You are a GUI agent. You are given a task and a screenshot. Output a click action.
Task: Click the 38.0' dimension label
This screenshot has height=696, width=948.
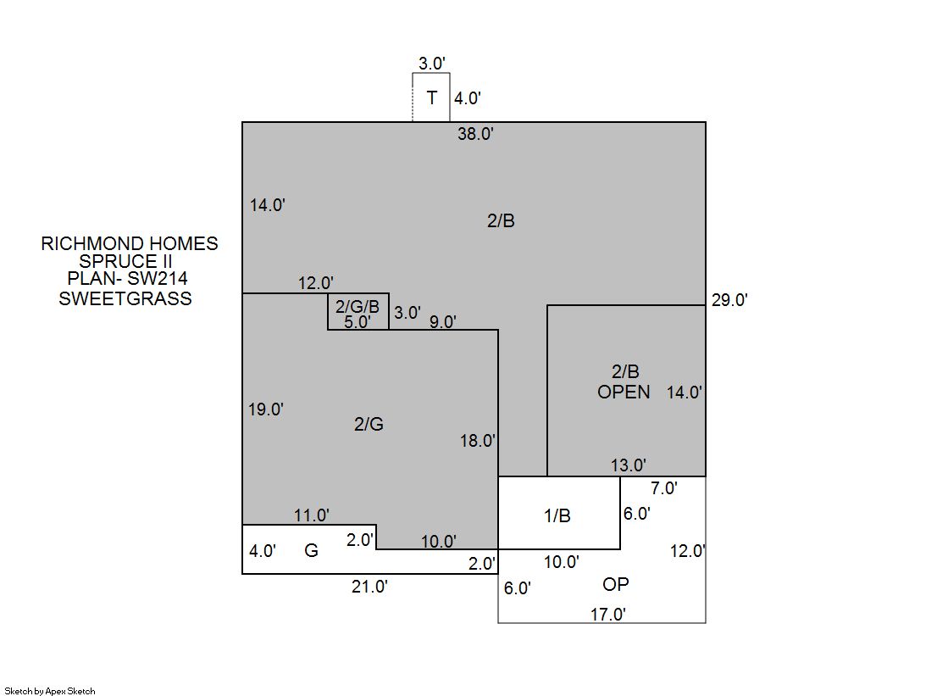[475, 134]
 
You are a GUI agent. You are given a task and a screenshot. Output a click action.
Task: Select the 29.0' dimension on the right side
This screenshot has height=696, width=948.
[729, 300]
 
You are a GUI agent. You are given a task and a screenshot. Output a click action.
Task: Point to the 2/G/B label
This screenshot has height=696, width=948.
[358, 307]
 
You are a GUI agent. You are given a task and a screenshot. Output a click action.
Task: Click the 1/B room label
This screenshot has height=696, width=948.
[557, 515]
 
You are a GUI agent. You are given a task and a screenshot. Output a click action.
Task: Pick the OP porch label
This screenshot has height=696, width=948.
[615, 584]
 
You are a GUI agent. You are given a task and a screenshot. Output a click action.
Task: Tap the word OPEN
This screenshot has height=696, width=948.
[624, 393]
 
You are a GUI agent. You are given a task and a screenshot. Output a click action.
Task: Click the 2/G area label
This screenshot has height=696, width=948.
[369, 424]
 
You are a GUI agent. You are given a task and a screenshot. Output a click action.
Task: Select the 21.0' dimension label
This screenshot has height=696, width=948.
[369, 587]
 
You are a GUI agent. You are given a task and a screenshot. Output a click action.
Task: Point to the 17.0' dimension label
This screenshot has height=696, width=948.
[607, 615]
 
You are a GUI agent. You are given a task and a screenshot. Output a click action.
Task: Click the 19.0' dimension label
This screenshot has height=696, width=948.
[265, 409]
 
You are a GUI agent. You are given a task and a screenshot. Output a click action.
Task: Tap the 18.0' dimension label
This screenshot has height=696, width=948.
[478, 441]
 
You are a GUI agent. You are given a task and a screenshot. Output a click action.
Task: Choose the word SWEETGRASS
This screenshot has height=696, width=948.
[125, 298]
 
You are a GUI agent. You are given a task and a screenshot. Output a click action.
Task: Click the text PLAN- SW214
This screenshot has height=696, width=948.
[127, 278]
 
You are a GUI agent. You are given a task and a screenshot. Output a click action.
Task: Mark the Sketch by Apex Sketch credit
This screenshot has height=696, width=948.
[50, 691]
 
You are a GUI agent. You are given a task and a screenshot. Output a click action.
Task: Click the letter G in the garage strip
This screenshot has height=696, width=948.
[311, 550]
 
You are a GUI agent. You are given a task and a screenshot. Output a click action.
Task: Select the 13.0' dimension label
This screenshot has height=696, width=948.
[628, 465]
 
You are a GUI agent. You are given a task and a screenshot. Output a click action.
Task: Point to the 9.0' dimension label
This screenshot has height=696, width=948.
[442, 322]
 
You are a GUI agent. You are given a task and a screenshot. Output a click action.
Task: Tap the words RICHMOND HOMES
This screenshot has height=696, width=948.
[130, 243]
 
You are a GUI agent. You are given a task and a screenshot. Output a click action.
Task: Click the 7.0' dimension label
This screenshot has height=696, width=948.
[664, 487]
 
